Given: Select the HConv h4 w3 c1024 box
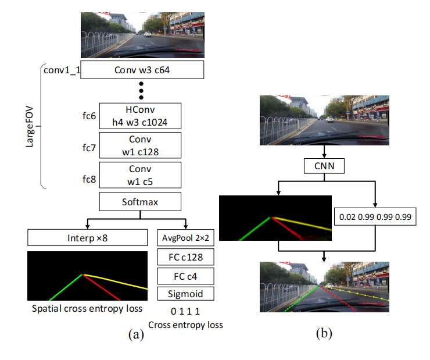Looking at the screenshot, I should [x=141, y=116].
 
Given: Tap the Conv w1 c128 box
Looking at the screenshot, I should [x=141, y=145].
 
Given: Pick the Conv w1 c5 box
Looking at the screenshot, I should [x=141, y=175].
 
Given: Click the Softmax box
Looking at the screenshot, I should [x=141, y=202].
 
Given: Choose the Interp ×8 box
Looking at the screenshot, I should [x=87, y=237].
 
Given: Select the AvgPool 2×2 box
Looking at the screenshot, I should [x=185, y=237].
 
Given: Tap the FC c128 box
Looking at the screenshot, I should [x=185, y=256].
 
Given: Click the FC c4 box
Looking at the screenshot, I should [x=185, y=275].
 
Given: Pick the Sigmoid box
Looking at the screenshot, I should [x=185, y=294].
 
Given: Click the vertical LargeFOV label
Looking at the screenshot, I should [x=30, y=126].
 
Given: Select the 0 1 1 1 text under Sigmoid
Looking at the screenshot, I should [x=185, y=312].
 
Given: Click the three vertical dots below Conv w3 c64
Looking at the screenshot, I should [x=141, y=91].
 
